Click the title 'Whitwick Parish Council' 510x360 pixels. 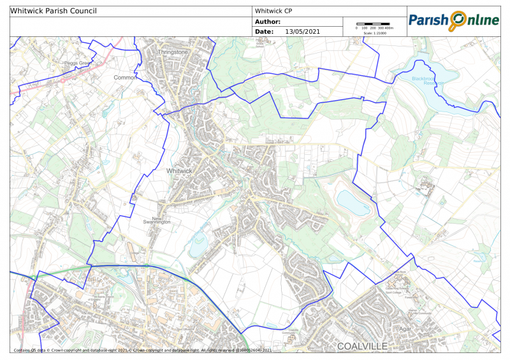click(54, 11)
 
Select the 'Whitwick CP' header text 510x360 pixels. click(273, 11)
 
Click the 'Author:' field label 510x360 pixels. click(268, 22)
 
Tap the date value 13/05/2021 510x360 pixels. click(303, 31)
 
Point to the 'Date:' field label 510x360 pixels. click(264, 31)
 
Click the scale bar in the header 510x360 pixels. click(372, 24)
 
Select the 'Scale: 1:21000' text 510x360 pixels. click(374, 32)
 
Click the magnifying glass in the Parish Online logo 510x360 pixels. click(458, 20)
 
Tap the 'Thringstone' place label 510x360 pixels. click(173, 52)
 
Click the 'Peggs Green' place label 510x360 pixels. click(78, 64)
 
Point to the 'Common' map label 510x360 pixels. click(125, 78)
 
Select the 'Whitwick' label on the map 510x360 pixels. click(178, 171)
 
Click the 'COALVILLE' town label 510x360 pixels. click(362, 346)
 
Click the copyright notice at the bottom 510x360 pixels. click(143, 350)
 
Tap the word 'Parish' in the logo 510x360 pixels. click(428, 20)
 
